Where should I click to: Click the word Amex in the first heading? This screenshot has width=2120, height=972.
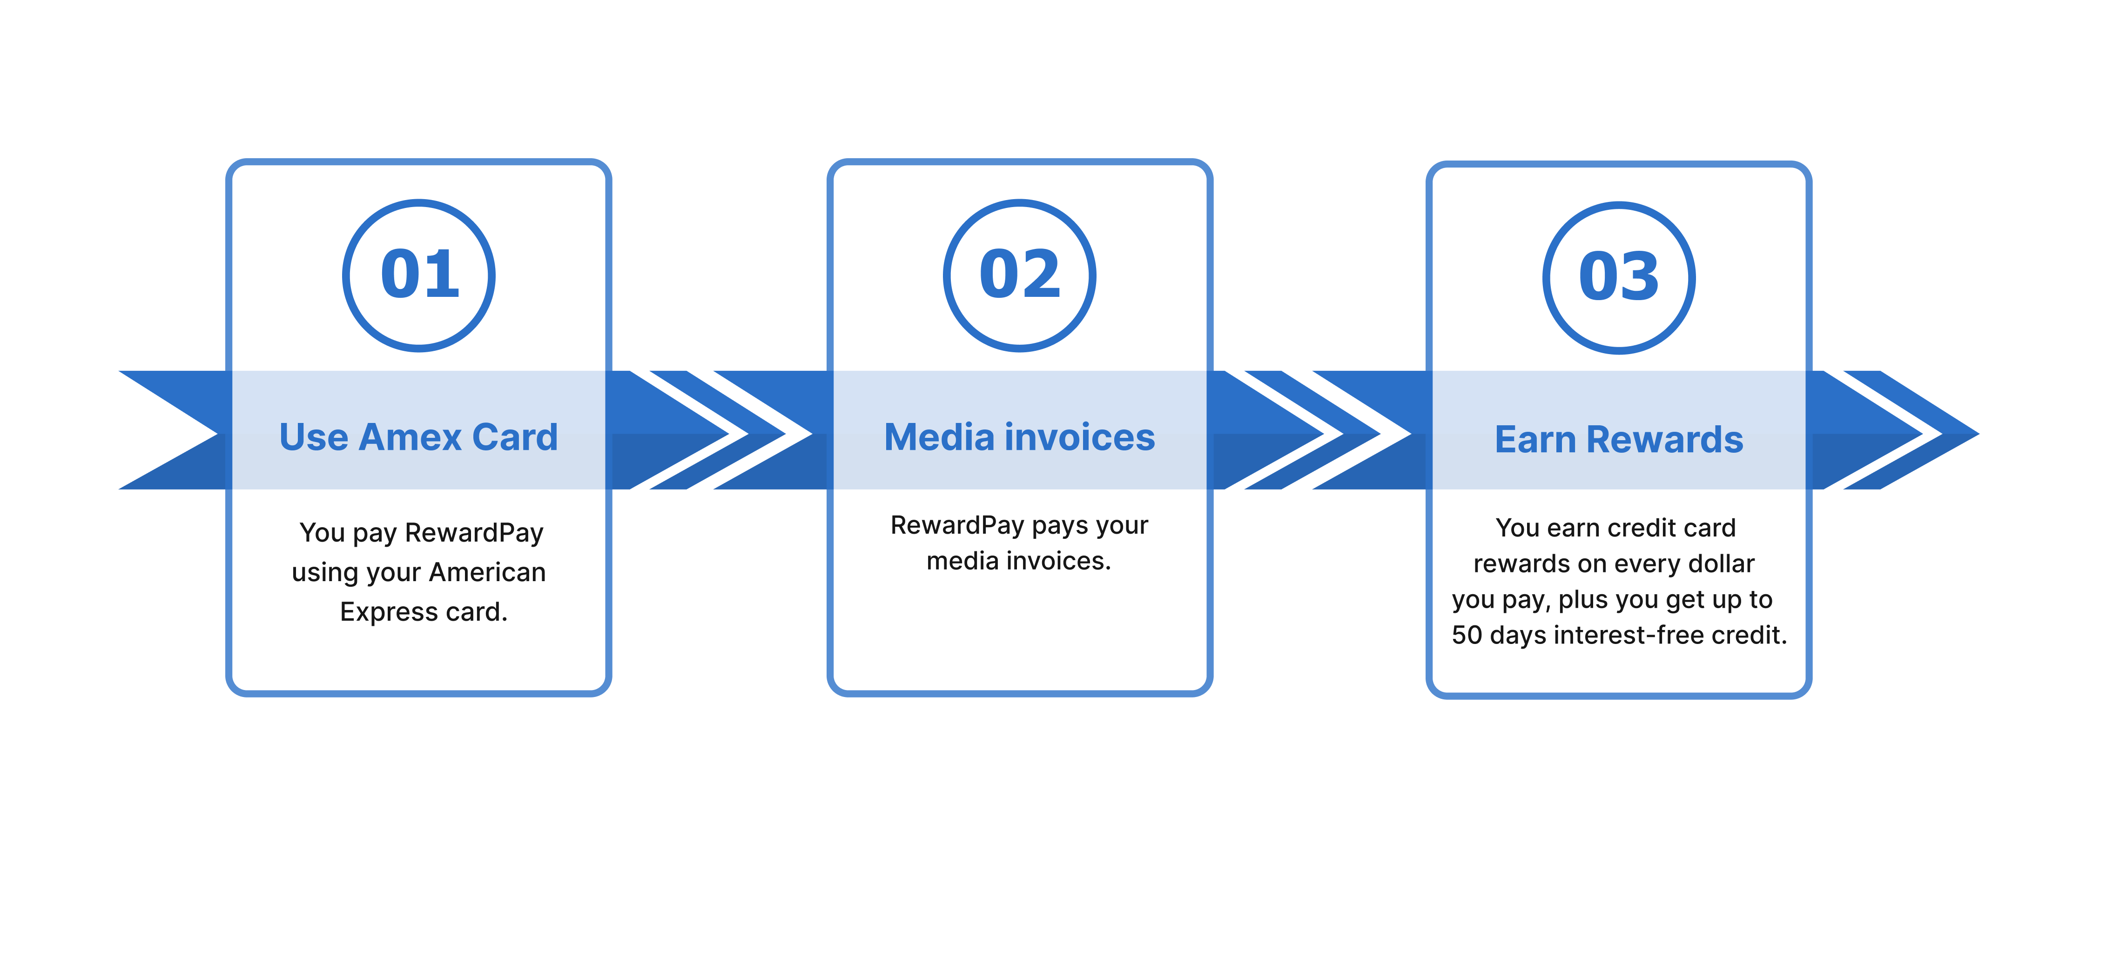point(410,437)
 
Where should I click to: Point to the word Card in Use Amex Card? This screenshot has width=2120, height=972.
point(515,437)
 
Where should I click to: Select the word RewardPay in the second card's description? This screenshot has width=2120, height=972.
point(957,525)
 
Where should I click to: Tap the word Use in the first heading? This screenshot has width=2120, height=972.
point(314,437)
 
